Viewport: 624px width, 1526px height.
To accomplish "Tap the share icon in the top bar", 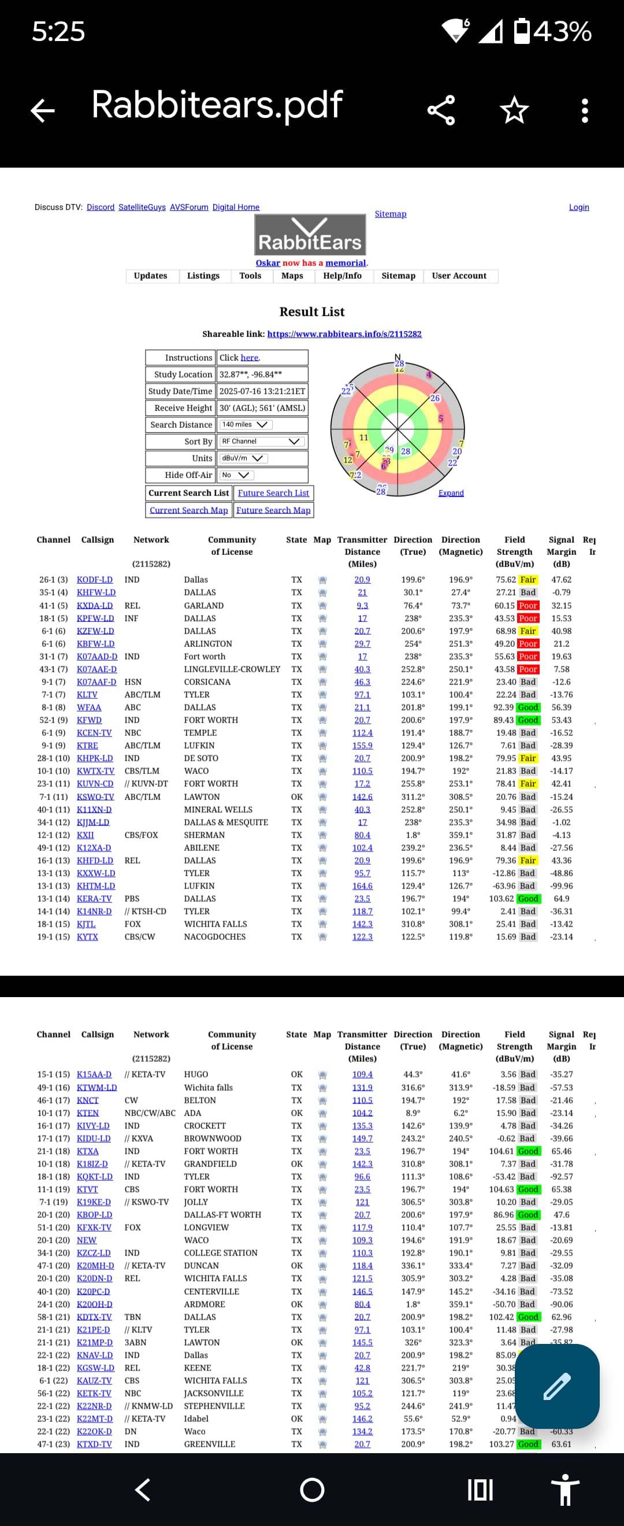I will (x=441, y=110).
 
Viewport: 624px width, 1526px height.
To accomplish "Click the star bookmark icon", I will (x=514, y=110).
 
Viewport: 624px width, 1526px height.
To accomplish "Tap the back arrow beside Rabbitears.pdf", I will (x=43, y=110).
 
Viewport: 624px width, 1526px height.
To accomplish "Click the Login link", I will (x=578, y=208).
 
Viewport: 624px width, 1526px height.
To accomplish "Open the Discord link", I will (x=100, y=208).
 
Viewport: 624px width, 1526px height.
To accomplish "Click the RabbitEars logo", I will (x=310, y=235).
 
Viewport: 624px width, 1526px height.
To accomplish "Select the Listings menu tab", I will (x=203, y=276).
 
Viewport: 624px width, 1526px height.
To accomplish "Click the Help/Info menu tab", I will (x=342, y=276).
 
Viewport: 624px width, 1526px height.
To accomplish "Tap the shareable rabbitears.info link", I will (x=344, y=334).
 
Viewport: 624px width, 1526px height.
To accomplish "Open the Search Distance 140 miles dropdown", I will (x=245, y=425).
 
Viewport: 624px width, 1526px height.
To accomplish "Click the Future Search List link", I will (x=273, y=493).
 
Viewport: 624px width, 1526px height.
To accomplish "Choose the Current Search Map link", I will (x=188, y=510).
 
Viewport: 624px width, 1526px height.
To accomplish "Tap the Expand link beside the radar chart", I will (x=451, y=493).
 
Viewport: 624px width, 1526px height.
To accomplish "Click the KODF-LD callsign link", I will (x=94, y=580).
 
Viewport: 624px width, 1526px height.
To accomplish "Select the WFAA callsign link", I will (x=89, y=708).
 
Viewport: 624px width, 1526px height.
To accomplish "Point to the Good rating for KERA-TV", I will (x=528, y=899).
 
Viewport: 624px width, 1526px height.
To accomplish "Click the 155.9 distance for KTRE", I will (x=362, y=746).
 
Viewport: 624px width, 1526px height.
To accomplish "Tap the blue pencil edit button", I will (x=557, y=1386).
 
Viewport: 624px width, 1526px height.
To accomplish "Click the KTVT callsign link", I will (x=87, y=1190).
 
